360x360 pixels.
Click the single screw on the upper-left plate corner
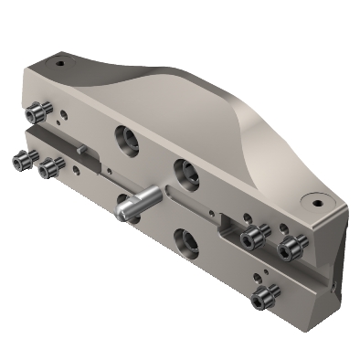coord(36,112)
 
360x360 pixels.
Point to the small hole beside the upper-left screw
coord(57,116)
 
